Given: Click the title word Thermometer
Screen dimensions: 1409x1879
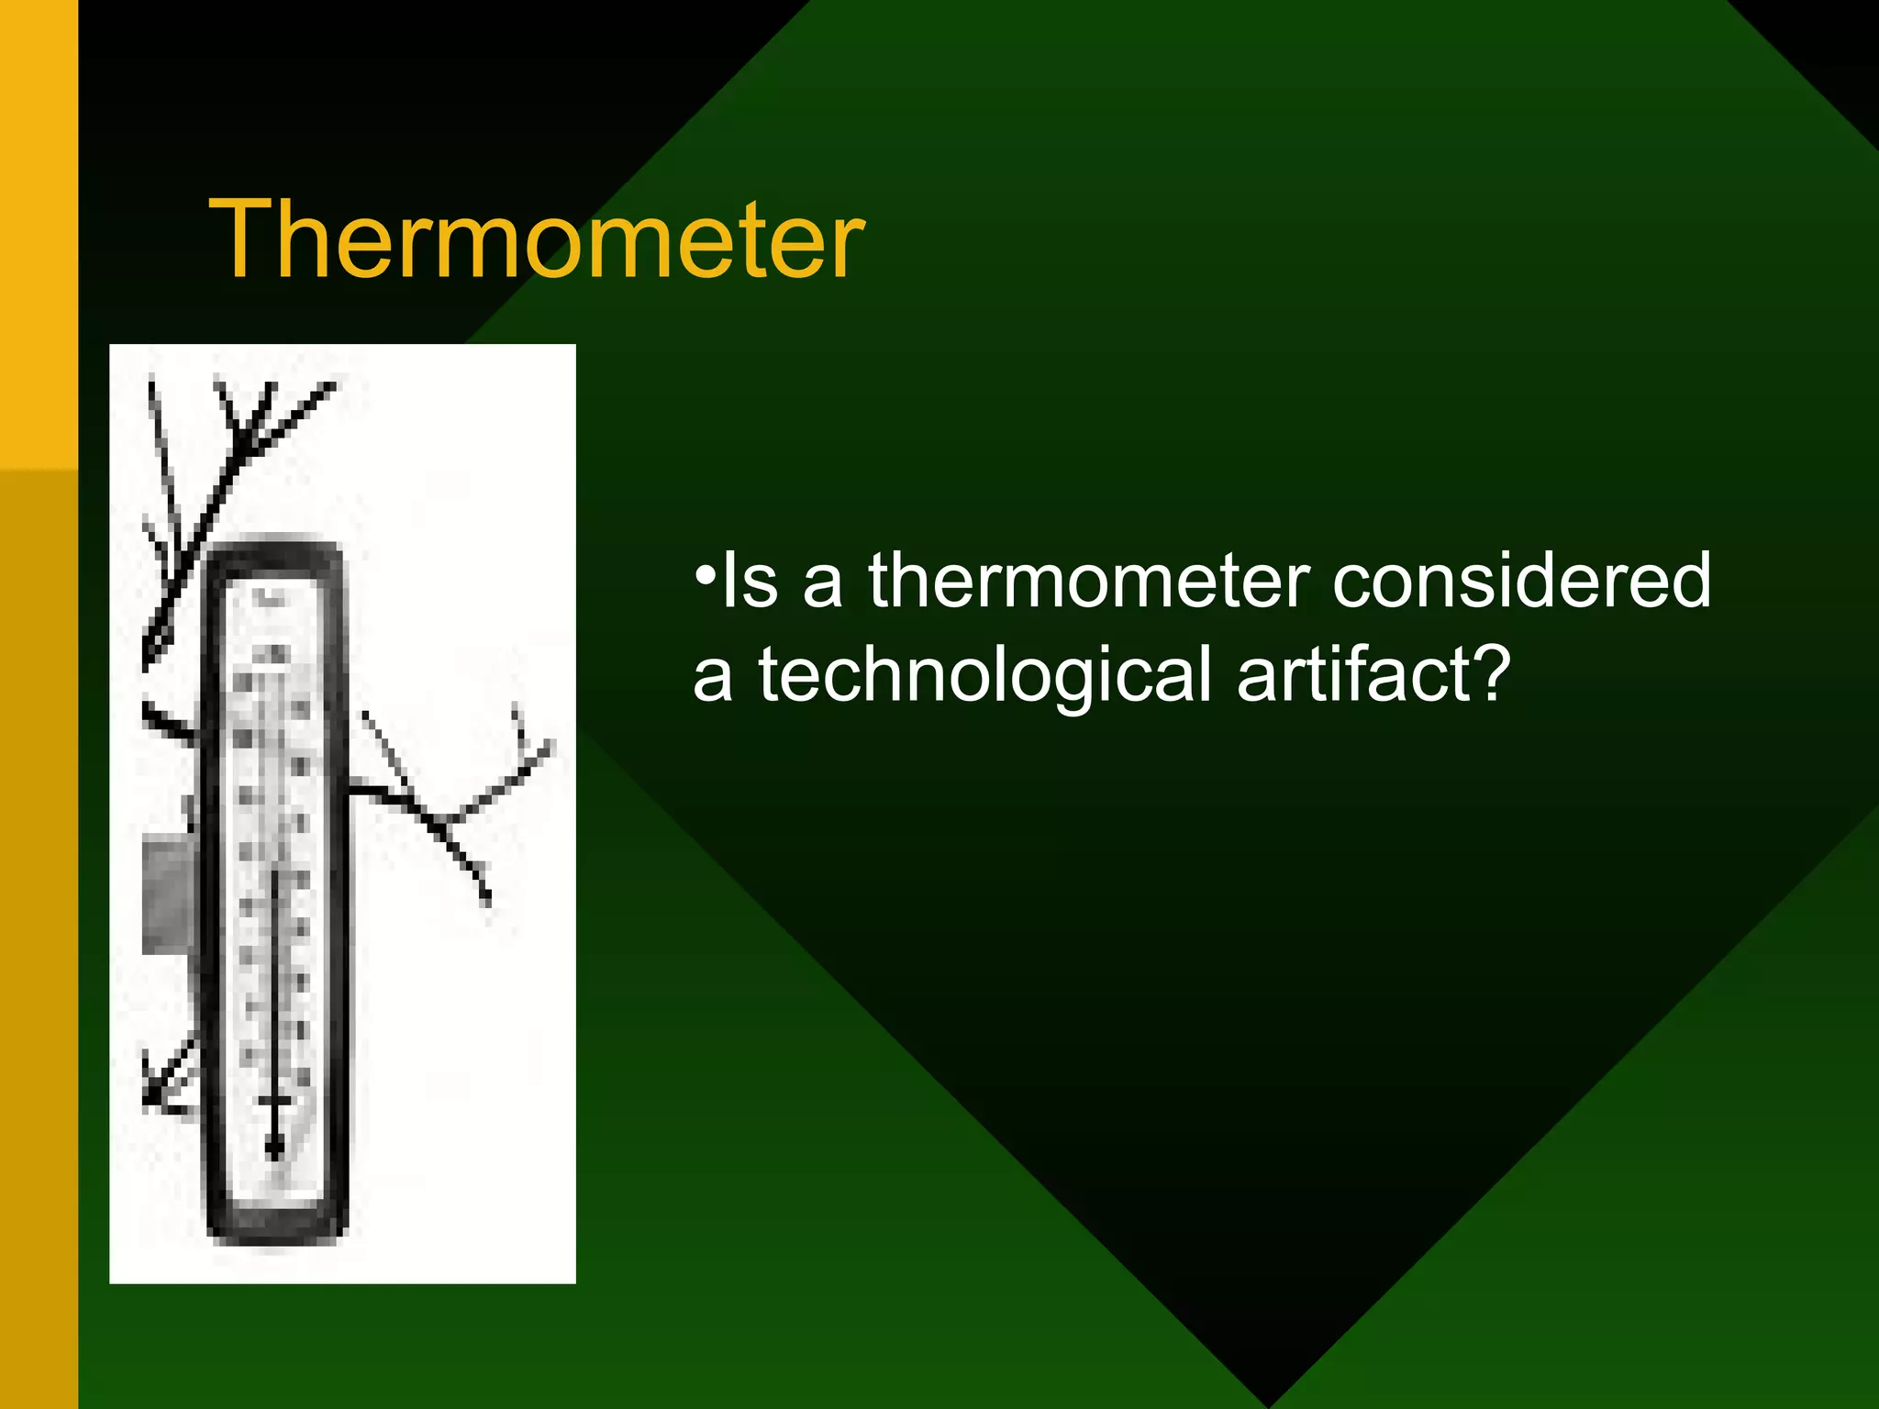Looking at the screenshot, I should (537, 240).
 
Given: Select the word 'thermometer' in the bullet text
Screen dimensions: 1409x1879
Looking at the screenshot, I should (1089, 581).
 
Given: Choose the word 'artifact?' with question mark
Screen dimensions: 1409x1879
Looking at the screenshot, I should (1372, 675).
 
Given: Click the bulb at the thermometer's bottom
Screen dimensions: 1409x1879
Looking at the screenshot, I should (273, 1147).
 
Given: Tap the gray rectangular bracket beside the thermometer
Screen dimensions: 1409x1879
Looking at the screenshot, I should (166, 894).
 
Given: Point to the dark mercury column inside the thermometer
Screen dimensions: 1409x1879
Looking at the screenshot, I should (273, 991).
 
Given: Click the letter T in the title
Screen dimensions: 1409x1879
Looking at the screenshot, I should (241, 240).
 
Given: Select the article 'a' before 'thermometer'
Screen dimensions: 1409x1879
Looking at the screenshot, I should (823, 587).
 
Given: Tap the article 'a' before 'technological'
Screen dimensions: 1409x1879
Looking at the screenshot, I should (713, 682).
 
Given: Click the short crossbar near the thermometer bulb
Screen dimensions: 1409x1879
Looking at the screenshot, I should (274, 1100).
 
